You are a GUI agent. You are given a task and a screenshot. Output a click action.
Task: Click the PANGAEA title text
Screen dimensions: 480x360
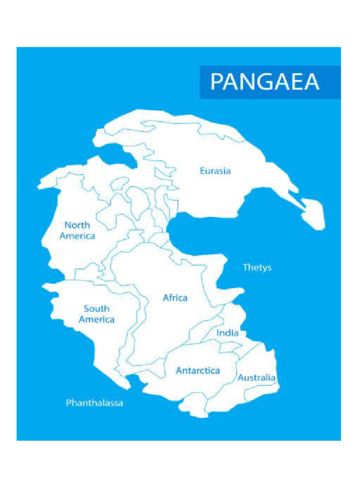[265, 82]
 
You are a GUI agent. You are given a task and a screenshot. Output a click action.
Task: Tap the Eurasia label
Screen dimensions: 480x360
[215, 171]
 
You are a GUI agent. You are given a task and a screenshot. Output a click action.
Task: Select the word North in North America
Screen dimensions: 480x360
[77, 225]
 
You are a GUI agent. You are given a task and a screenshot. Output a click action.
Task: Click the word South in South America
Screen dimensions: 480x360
[97, 308]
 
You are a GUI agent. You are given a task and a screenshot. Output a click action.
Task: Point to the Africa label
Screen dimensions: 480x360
[175, 298]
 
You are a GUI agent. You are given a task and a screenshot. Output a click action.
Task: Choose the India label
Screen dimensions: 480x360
[227, 333]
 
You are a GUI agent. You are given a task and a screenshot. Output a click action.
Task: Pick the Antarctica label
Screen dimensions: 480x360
[198, 371]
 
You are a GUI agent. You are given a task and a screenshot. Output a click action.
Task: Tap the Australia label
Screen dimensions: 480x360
[256, 378]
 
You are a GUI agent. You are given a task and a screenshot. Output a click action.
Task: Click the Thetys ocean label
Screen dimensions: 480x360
[257, 268]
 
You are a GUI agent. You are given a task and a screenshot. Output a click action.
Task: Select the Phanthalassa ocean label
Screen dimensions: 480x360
[94, 403]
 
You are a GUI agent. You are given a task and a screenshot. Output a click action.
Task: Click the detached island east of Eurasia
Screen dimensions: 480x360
[313, 213]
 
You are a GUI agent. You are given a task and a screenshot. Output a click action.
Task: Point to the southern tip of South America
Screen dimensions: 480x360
[127, 387]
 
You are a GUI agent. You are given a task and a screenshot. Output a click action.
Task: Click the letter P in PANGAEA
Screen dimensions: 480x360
[217, 82]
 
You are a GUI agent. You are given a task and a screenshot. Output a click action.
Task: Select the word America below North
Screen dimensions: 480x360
[77, 236]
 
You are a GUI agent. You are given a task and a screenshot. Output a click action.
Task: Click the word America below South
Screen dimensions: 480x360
[97, 320]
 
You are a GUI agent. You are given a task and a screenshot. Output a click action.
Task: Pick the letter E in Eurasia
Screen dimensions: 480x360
[202, 171]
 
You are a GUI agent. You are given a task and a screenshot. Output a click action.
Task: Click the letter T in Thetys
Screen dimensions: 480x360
[245, 268]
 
